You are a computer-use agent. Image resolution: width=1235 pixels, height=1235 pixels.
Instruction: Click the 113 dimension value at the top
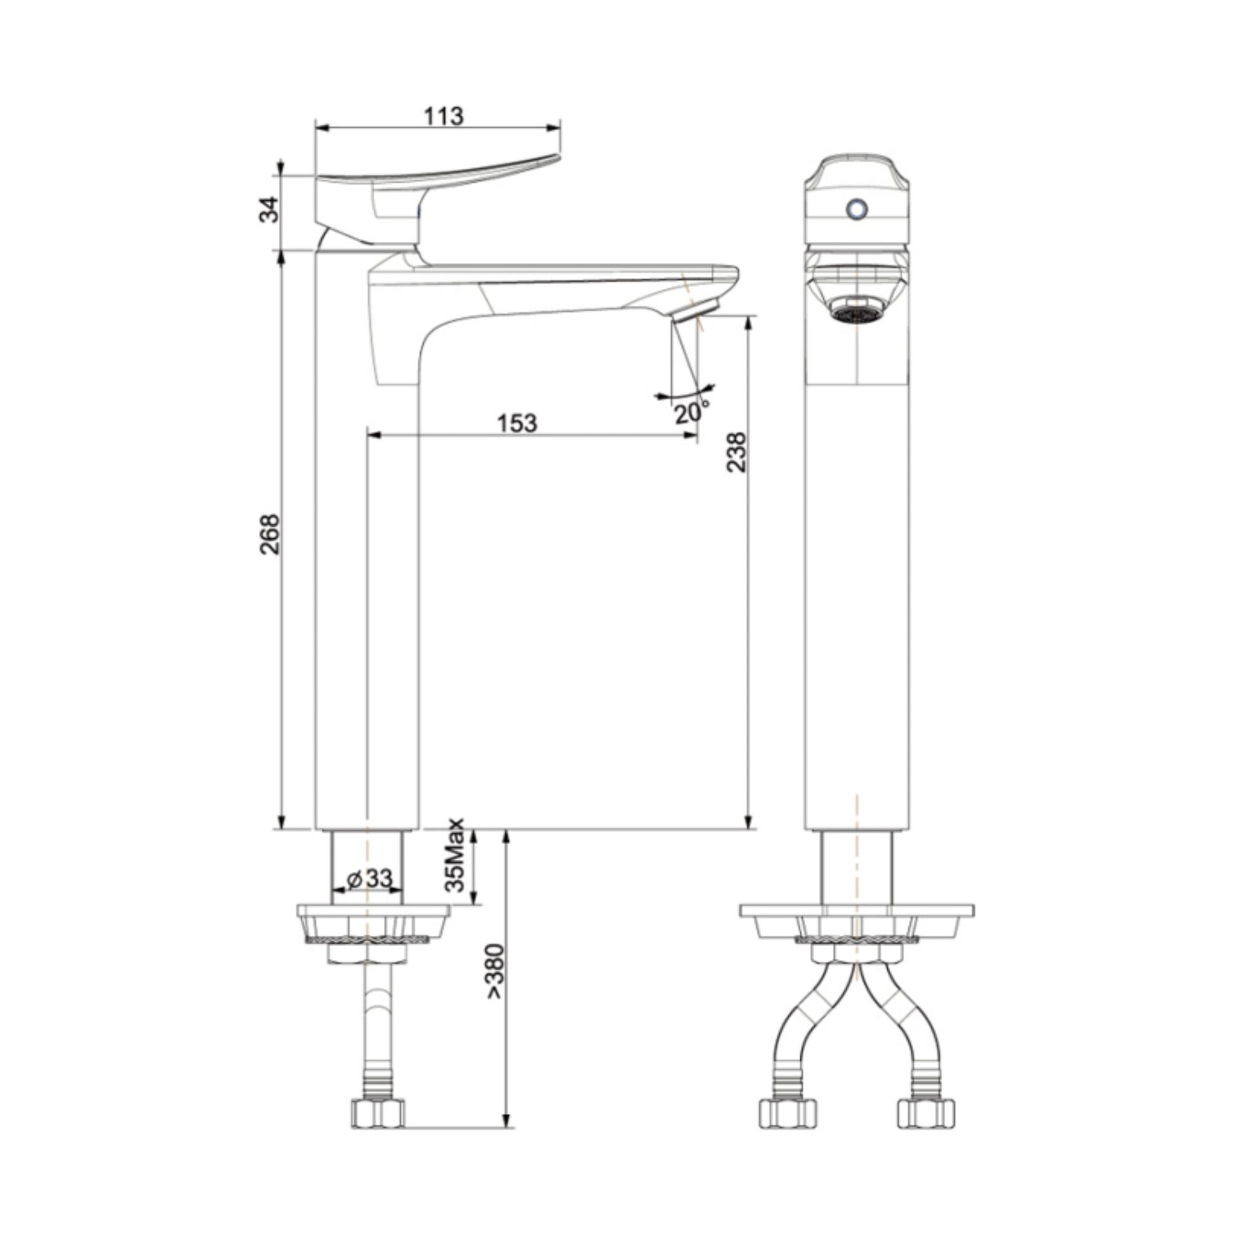click(443, 116)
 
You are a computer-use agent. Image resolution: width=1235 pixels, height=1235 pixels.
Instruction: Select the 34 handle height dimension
click(270, 209)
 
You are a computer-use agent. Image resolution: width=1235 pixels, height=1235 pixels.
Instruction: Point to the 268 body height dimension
click(270, 534)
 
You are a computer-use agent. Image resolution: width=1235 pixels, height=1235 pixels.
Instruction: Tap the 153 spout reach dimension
click(517, 423)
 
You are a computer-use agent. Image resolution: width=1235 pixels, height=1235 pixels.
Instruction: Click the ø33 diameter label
click(369, 879)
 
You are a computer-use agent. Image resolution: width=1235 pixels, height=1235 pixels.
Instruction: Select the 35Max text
click(455, 855)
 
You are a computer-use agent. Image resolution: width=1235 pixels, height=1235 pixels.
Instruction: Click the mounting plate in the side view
click(373, 911)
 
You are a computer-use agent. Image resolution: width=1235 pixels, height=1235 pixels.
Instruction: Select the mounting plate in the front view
click(857, 909)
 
